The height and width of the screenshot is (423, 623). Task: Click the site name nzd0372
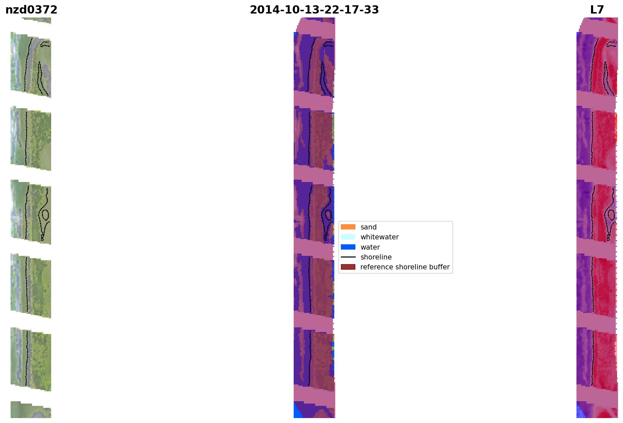click(31, 10)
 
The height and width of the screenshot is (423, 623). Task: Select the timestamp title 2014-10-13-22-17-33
click(314, 10)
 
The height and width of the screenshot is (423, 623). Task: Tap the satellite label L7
click(597, 10)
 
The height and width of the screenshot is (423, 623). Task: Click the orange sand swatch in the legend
click(348, 227)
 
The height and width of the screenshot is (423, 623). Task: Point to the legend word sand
click(369, 227)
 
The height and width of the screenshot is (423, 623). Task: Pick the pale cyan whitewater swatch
click(348, 237)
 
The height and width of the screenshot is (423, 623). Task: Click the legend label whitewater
click(379, 237)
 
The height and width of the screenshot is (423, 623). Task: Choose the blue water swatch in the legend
click(348, 247)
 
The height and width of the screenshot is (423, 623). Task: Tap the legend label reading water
click(370, 247)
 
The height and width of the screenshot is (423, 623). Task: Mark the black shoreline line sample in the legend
click(348, 257)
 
